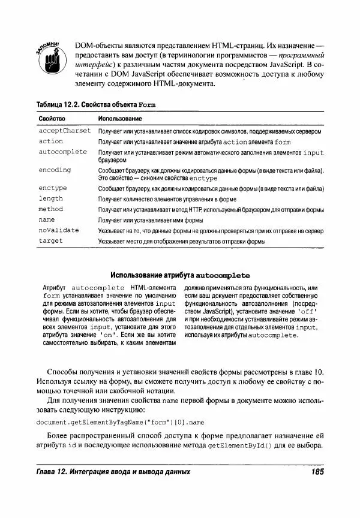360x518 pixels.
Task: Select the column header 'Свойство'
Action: (52, 119)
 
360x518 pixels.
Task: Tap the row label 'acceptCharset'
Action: (64, 130)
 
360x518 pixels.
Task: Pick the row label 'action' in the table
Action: (50, 141)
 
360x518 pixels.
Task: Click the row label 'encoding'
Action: (55, 170)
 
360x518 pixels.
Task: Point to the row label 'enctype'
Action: (53, 188)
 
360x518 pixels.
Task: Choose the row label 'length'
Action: (50, 198)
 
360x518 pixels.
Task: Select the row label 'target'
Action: (50, 241)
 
